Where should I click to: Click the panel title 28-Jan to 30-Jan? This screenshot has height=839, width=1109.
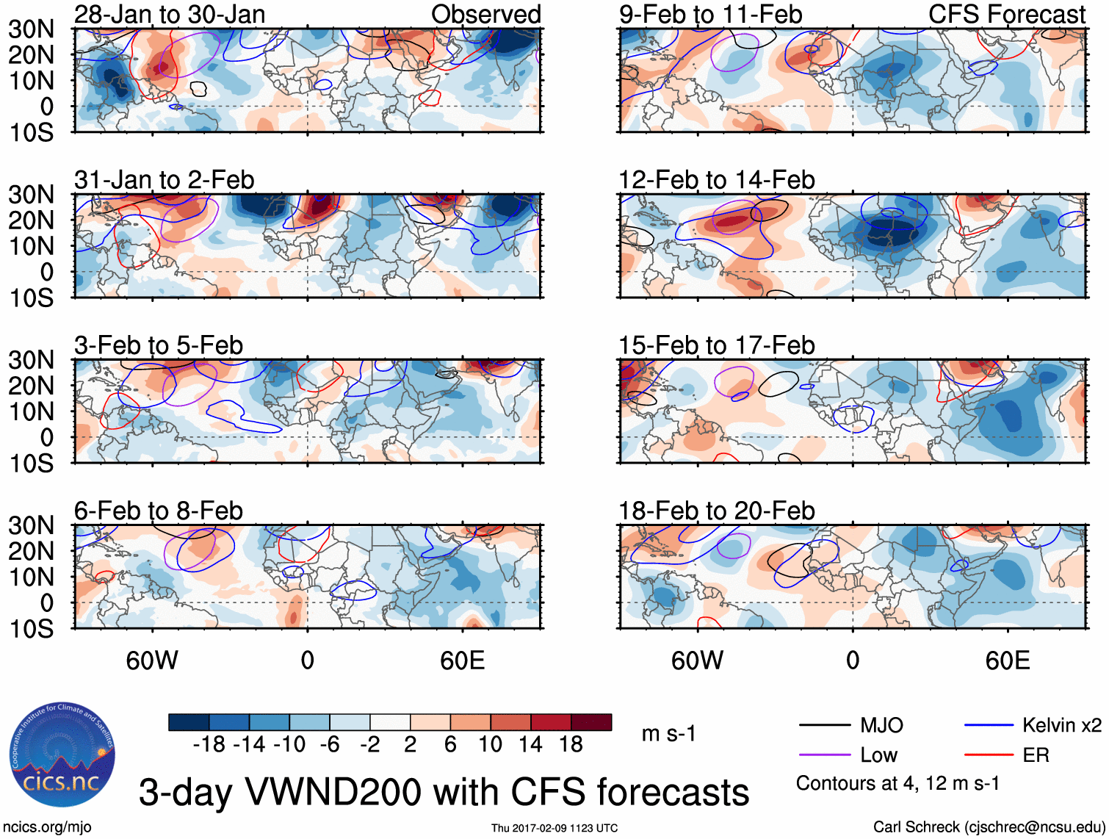pos(170,15)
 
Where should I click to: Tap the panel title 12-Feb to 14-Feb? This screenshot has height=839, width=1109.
pos(716,180)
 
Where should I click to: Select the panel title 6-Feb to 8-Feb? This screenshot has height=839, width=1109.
pos(158,511)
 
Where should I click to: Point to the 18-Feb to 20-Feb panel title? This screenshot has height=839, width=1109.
pos(716,511)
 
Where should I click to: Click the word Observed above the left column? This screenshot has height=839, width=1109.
pos(485,15)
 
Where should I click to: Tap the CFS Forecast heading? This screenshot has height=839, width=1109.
pos(1007,15)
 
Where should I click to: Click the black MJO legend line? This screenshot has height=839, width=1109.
pos(824,726)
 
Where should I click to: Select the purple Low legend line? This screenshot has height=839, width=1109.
pos(824,755)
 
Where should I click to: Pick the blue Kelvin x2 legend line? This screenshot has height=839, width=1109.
pos(989,726)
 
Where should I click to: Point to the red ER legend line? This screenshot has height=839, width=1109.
pos(989,755)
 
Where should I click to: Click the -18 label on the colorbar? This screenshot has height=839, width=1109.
pos(209,745)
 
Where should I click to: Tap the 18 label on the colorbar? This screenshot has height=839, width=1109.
pos(571,745)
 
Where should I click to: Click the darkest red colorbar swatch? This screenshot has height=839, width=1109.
pos(591,722)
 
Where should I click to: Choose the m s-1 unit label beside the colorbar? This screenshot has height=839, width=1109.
pos(668,734)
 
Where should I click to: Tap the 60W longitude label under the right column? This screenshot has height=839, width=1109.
pos(697,660)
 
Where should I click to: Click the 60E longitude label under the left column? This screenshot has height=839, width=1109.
pos(462,660)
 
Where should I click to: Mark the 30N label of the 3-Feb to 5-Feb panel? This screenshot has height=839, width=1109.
pos(31,360)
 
